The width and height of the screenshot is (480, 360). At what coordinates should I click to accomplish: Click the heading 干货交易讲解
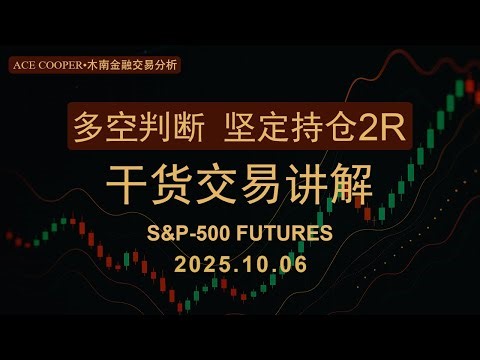point(240,186)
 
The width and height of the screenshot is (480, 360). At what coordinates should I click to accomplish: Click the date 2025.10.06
point(240,265)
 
